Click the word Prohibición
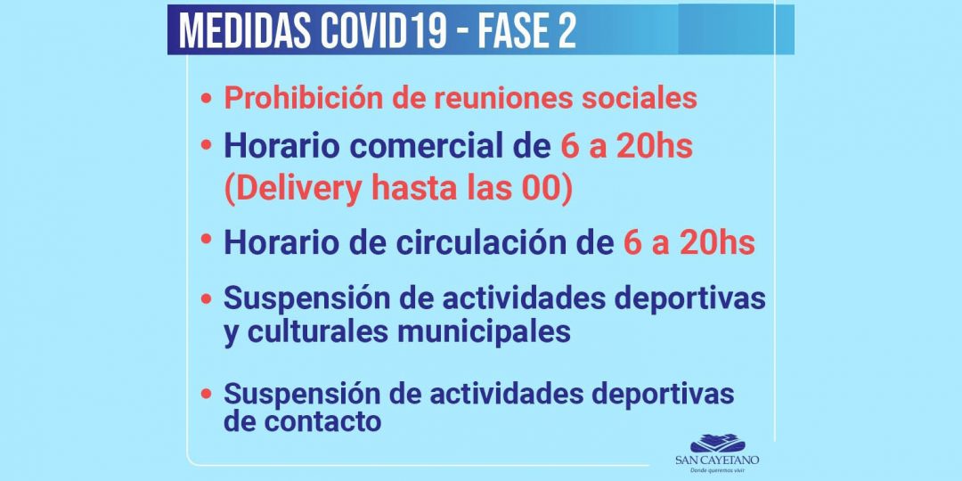302,97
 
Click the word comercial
432,146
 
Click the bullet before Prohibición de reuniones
207,99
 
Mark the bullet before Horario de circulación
207,239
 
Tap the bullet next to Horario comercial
207,143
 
